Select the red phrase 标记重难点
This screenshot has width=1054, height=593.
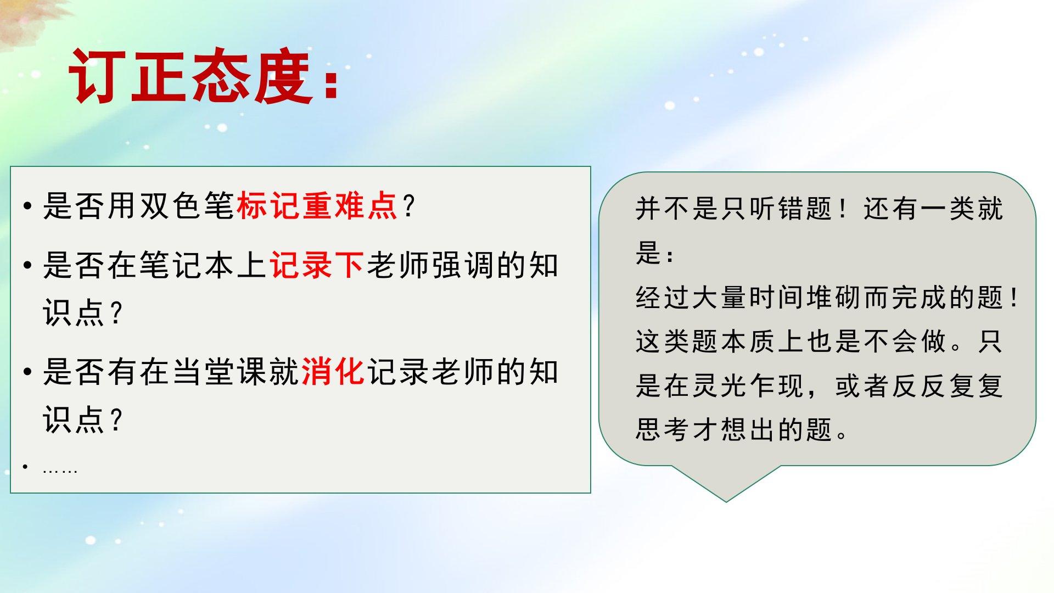tap(317, 206)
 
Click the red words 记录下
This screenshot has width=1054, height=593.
tap(317, 265)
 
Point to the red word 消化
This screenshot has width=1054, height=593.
tap(333, 372)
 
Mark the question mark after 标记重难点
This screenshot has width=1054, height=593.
tap(408, 206)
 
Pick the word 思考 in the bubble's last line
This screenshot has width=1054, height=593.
tap(663, 429)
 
